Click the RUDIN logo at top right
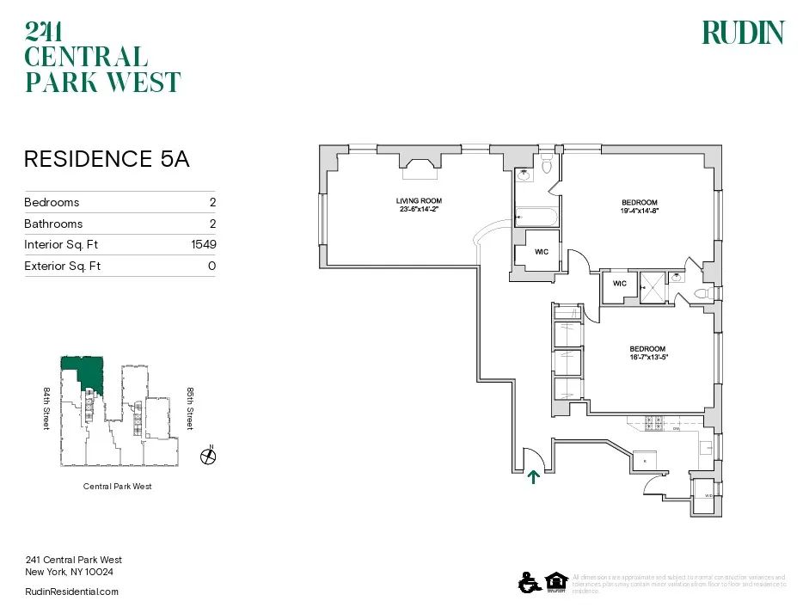coord(743,33)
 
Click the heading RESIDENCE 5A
coord(107,159)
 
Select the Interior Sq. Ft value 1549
coord(204,245)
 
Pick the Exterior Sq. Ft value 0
coord(211,267)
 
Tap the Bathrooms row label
coord(53,224)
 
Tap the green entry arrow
coord(533,476)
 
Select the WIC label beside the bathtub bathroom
coord(542,252)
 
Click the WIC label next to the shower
coord(619,283)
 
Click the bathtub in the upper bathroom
coord(536,217)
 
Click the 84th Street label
coord(47,408)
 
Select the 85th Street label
coord(190,408)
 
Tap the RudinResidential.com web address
coord(72,592)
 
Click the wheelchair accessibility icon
coord(527,583)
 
